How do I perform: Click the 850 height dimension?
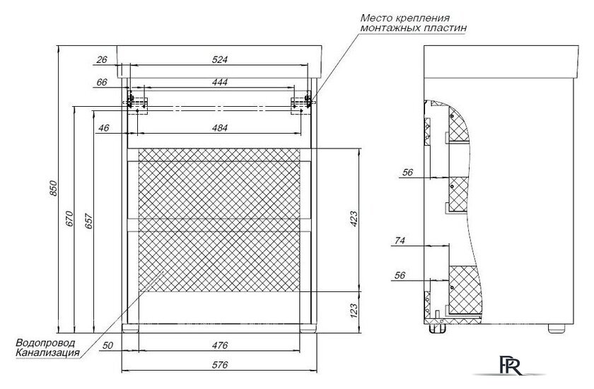[x=54, y=188]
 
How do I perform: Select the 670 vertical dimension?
[x=70, y=219]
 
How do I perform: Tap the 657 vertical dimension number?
[x=88, y=221]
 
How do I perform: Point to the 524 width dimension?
[x=220, y=59]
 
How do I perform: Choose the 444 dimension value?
[x=220, y=82]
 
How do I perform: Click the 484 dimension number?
[x=220, y=127]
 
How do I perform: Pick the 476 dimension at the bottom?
[x=220, y=345]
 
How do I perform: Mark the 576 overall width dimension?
[x=220, y=365]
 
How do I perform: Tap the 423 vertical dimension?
[x=353, y=219]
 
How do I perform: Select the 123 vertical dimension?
[x=353, y=310]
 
